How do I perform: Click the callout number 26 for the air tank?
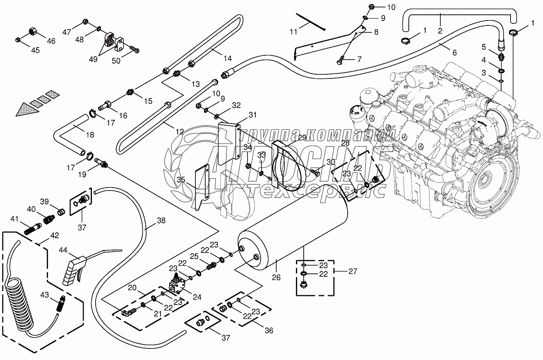coord(276,277)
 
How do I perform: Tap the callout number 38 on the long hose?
coord(161,220)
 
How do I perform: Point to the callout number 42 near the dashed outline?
coord(54,236)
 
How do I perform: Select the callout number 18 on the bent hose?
coord(89,135)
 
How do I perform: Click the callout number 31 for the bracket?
coord(252,115)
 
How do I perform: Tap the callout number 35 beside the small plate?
coord(181,179)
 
